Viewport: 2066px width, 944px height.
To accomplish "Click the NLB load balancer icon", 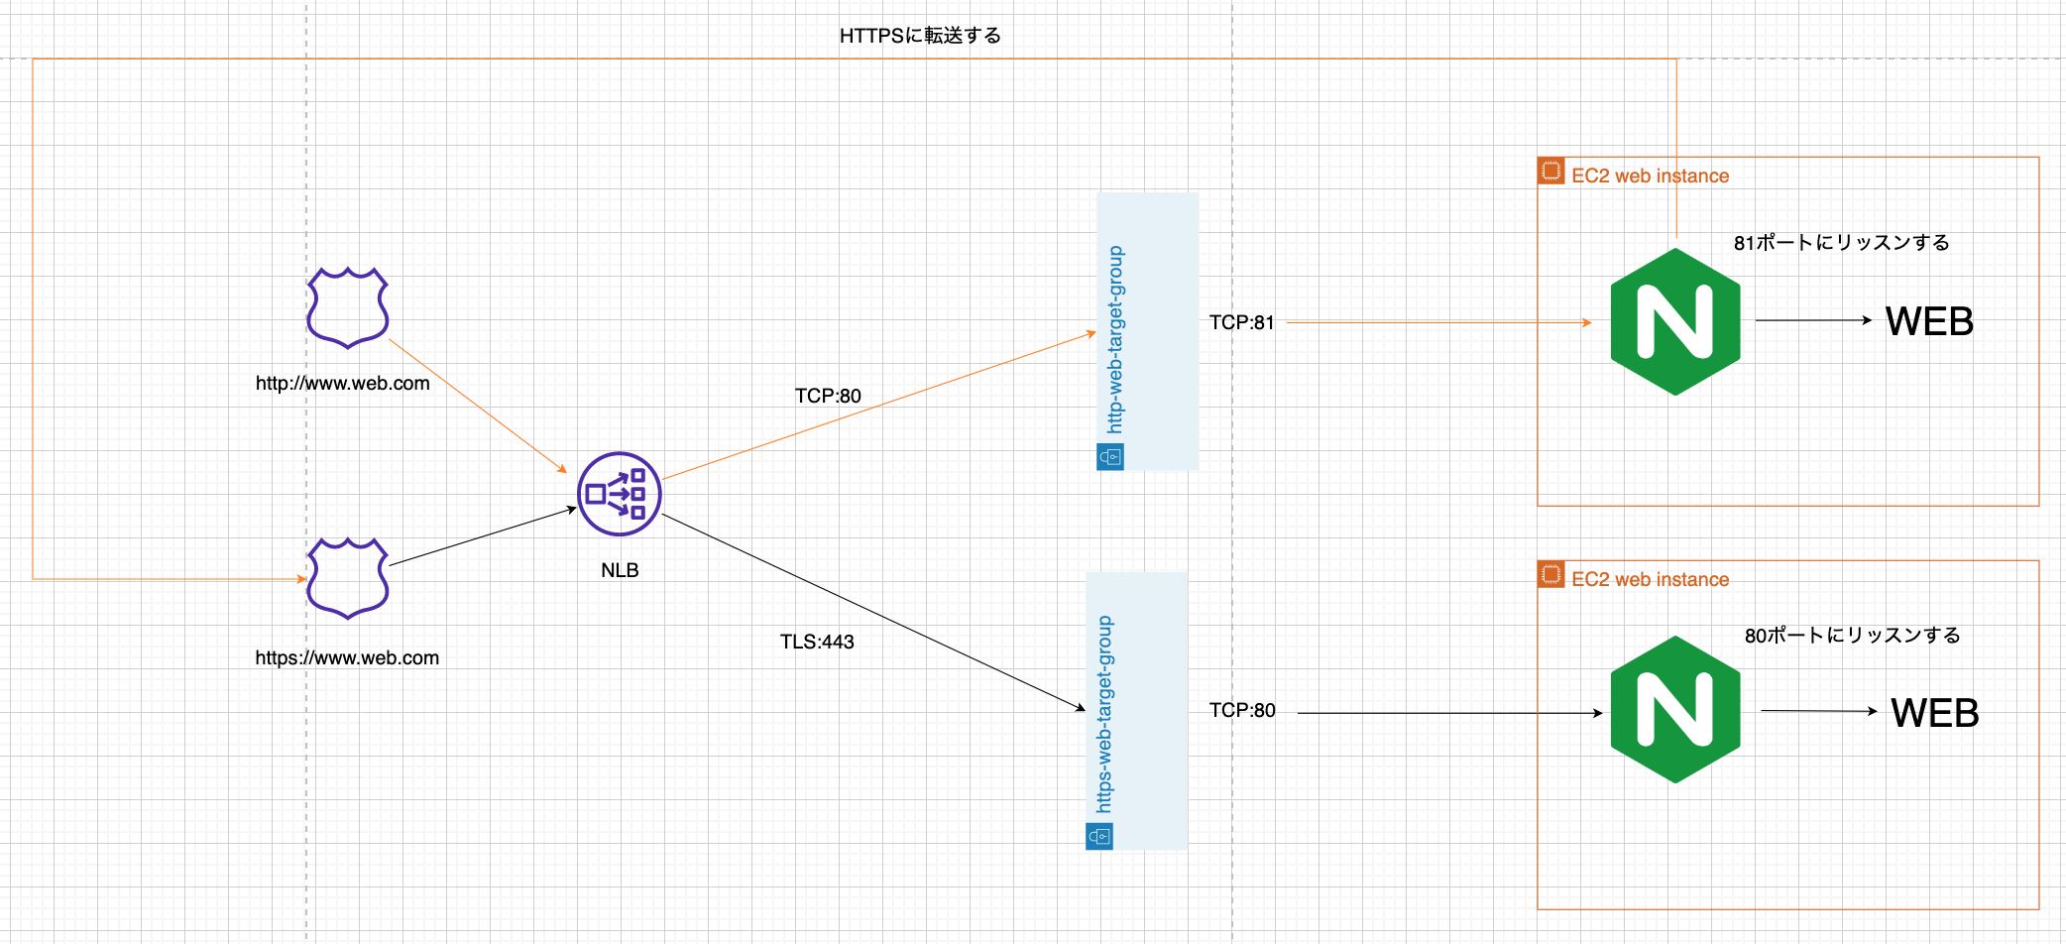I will pyautogui.click(x=619, y=494).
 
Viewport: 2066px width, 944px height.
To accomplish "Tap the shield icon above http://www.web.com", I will pyautogui.click(x=347, y=307).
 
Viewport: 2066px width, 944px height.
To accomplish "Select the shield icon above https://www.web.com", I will pyautogui.click(x=347, y=579).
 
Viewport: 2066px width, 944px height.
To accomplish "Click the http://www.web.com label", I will pyautogui.click(x=343, y=384).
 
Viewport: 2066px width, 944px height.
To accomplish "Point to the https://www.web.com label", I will pyautogui.click(x=347, y=657).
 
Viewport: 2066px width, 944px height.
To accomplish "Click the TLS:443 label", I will pyautogui.click(x=817, y=642).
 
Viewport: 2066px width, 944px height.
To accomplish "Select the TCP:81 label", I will pyautogui.click(x=1241, y=322).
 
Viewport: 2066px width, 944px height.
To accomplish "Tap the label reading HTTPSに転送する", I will pyautogui.click(x=920, y=36).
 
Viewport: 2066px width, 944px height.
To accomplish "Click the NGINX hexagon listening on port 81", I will pyautogui.click(x=1675, y=321).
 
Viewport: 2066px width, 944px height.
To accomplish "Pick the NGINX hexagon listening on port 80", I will pyautogui.click(x=1675, y=710).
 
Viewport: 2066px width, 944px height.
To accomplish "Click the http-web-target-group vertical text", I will pyautogui.click(x=1115, y=339).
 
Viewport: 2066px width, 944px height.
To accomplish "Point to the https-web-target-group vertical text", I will pyautogui.click(x=1104, y=714).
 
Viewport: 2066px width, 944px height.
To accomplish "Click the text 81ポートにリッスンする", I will pyautogui.click(x=1841, y=243).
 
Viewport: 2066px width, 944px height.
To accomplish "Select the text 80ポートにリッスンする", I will pyautogui.click(x=1852, y=636).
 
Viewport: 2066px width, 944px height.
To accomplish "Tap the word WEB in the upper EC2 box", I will pyautogui.click(x=1929, y=321).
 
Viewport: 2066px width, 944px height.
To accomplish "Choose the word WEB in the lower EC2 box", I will pyautogui.click(x=1934, y=713).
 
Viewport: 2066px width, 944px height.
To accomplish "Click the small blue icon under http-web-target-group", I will pyautogui.click(x=1110, y=457).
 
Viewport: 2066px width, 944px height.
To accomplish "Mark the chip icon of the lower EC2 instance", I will pyautogui.click(x=1550, y=574).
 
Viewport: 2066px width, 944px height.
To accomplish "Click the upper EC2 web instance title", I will pyautogui.click(x=1650, y=176).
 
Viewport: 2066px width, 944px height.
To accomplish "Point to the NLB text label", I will pyautogui.click(x=620, y=570).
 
